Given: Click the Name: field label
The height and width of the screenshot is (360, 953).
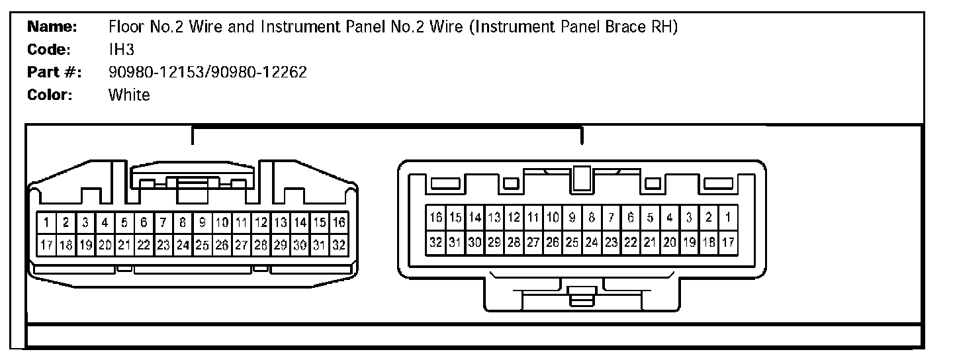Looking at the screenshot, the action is click(53, 28).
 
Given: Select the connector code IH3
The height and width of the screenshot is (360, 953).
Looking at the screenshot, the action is click(121, 50).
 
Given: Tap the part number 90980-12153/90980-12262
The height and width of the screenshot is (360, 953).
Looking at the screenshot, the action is click(208, 72).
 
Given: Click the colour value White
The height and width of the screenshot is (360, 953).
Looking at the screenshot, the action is click(129, 95).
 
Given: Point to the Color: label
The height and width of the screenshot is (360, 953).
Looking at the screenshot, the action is click(50, 95).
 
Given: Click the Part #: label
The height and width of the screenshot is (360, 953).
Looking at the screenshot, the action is click(54, 72).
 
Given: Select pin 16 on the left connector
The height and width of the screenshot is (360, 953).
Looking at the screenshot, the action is click(339, 222).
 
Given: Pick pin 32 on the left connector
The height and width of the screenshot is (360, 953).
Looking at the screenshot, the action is click(339, 244).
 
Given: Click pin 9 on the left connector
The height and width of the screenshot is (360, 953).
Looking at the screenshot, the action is click(203, 222).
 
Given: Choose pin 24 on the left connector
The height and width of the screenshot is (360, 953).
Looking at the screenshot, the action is click(183, 244).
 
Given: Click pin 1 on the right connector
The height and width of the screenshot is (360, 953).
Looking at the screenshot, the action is click(728, 217).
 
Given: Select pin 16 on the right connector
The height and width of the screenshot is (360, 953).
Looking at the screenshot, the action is click(436, 217).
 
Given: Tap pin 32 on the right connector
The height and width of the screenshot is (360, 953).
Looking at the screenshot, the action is click(436, 242).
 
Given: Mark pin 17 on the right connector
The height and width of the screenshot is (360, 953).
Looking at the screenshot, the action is click(728, 242).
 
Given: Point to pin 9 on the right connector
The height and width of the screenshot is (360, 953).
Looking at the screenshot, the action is click(572, 217).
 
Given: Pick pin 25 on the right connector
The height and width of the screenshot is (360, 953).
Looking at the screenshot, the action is click(572, 242).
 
